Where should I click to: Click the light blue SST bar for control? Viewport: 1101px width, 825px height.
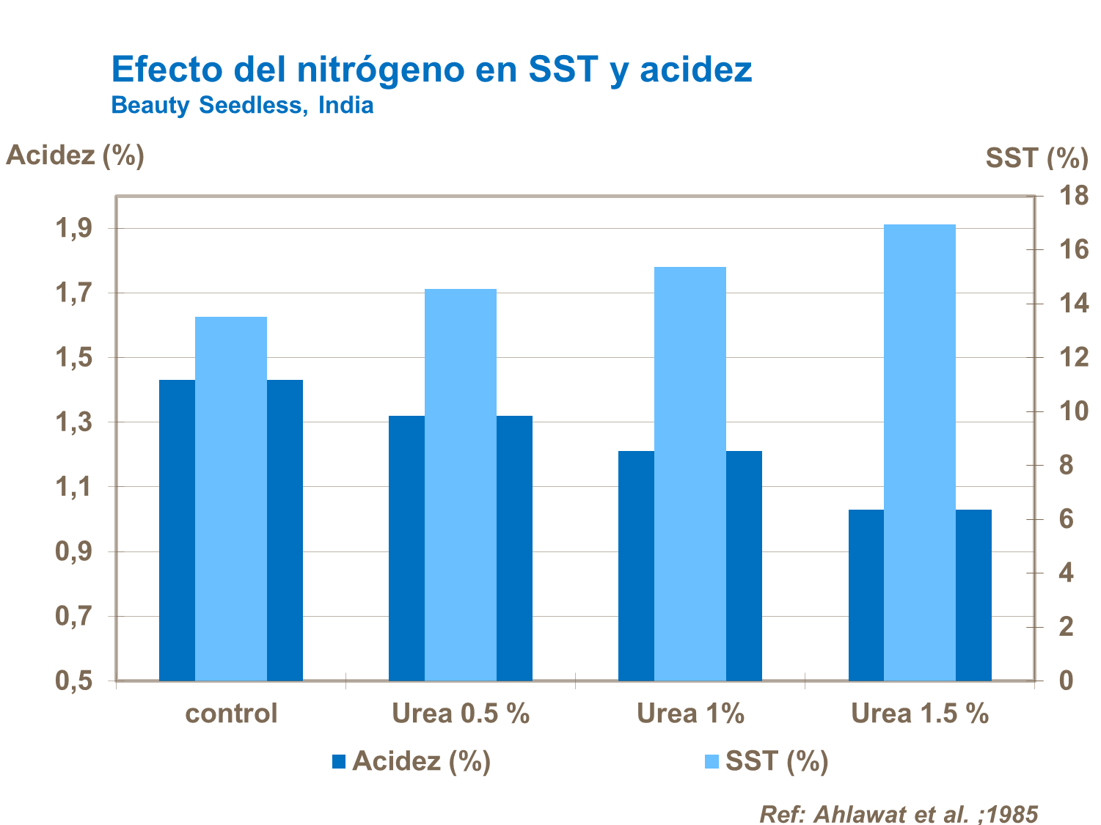(x=231, y=499)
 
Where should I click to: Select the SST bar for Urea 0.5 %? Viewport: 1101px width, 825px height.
(x=461, y=484)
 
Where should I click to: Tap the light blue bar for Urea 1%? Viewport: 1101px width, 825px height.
(x=690, y=473)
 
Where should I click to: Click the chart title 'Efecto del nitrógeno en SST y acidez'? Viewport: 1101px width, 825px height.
(x=431, y=70)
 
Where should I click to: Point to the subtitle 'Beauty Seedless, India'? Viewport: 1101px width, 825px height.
(x=242, y=106)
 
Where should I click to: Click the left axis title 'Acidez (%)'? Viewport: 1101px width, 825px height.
(x=75, y=155)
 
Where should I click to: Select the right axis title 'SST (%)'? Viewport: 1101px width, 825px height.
(x=1036, y=158)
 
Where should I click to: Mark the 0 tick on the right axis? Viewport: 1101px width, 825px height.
(x=1066, y=681)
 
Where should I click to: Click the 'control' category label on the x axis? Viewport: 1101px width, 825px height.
(x=231, y=714)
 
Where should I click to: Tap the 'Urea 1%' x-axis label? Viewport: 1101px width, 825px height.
(x=690, y=714)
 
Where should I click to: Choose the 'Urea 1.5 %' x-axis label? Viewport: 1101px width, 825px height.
(x=920, y=714)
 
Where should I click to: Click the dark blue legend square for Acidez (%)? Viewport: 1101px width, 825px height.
(x=339, y=762)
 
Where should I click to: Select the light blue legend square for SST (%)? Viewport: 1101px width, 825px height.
(x=712, y=762)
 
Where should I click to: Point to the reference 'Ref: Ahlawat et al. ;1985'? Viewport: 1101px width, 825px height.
(x=899, y=814)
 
